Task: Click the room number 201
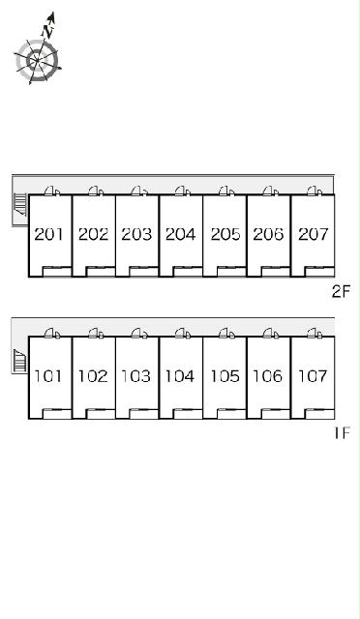pos(48,234)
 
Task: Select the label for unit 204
pos(181,234)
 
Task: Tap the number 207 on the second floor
pos(313,234)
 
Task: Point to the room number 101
pos(48,376)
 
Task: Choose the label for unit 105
pos(225,376)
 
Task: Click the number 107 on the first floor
pos(313,376)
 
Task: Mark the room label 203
pos(136,234)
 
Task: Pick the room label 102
pos(93,376)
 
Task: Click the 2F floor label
pos(342,292)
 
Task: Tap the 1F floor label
pos(343,433)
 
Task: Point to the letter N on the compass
pos(47,32)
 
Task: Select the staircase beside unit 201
pos(20,204)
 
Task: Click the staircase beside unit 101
pos(19,361)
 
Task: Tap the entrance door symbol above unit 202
pos(96,192)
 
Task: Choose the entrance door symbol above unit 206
pos(270,192)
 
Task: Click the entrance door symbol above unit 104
pos(183,333)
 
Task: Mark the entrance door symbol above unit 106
pos(270,333)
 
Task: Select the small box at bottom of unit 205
pos(231,272)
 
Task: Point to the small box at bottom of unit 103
pos(144,414)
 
